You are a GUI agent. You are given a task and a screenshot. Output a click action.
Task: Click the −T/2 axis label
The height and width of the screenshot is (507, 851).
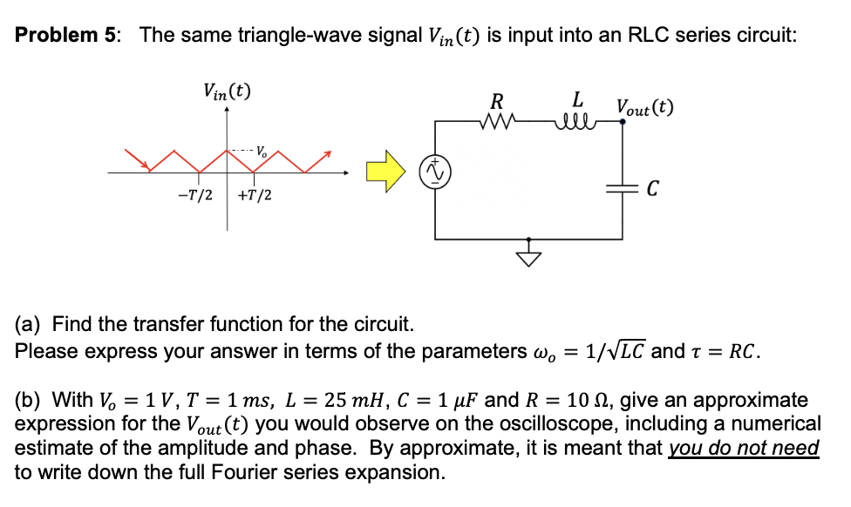(x=195, y=195)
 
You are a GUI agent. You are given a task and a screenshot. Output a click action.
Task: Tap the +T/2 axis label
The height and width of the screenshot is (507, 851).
(x=254, y=195)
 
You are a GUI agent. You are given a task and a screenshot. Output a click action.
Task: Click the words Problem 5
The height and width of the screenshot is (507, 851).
(x=69, y=36)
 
